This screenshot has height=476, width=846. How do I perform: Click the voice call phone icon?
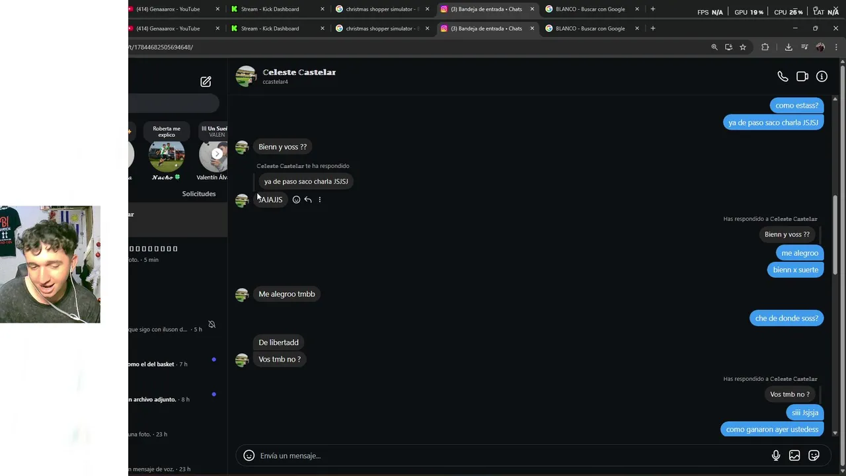[x=783, y=77]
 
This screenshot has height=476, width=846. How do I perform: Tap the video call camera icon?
[x=802, y=77]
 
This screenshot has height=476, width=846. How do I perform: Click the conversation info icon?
[x=822, y=77]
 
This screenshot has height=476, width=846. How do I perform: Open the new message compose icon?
[x=206, y=81]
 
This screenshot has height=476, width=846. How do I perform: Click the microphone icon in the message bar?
[x=776, y=456]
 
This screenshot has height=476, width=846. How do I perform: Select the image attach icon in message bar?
[x=794, y=456]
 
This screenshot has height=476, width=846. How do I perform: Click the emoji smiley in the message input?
[x=249, y=456]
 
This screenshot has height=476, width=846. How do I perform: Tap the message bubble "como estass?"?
[x=796, y=105]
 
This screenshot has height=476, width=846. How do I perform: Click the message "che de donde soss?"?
[x=787, y=318]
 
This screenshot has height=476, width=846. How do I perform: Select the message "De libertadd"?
[x=278, y=342]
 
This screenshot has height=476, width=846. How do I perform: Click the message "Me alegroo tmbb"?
[x=287, y=294]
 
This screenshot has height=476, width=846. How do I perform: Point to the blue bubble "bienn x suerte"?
[x=795, y=270]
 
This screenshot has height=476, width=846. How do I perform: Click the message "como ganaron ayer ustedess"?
[x=772, y=430]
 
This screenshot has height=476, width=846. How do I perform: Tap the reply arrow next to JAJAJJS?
[x=308, y=200]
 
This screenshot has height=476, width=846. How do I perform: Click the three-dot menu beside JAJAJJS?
[x=320, y=200]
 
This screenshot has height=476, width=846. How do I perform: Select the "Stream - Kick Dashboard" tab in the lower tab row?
[x=270, y=28]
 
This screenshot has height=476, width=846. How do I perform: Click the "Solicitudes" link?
[x=199, y=194]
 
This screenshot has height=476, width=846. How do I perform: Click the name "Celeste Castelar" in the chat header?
[x=299, y=72]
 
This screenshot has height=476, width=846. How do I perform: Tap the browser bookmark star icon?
[x=743, y=47]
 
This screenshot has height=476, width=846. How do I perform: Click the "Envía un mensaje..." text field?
[x=502, y=456]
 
